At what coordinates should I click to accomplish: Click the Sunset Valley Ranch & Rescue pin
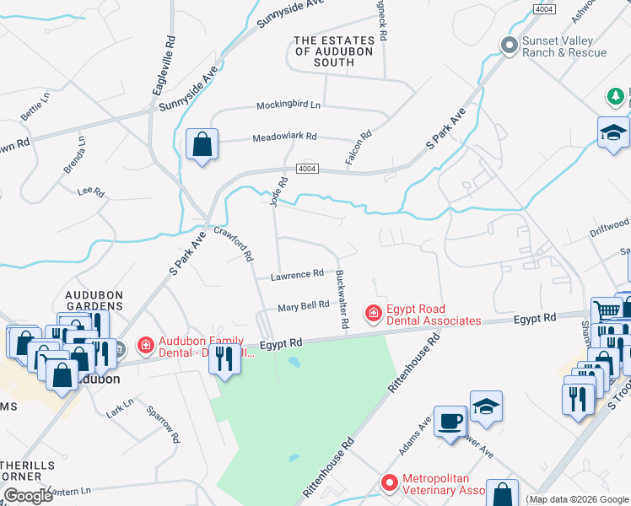[509, 46]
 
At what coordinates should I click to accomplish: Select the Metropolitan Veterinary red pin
[389, 483]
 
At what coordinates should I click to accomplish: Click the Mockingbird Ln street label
[289, 105]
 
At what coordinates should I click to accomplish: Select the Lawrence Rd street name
[297, 274]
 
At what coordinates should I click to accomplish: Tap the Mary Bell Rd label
[303, 305]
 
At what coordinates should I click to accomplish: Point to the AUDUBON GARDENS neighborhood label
[95, 301]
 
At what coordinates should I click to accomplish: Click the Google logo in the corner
[28, 496]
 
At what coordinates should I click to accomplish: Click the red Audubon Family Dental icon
[145, 345]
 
